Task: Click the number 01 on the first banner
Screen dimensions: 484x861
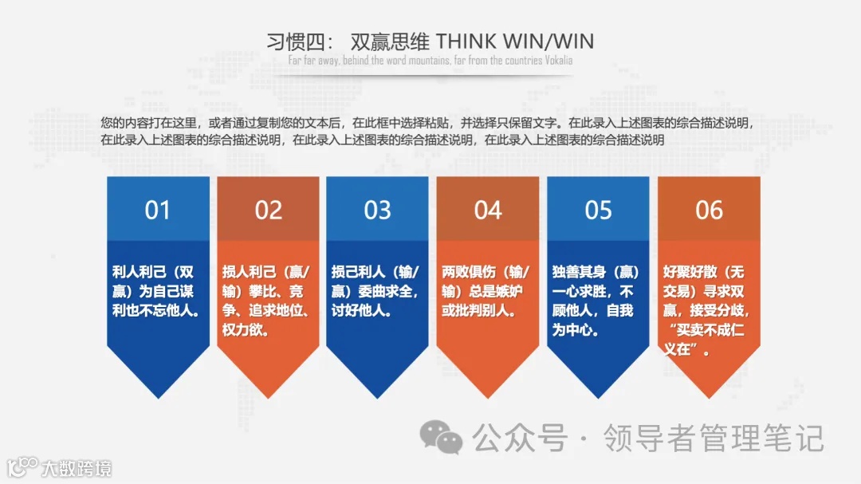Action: pyautogui.click(x=157, y=211)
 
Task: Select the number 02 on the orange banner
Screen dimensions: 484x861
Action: pyautogui.click(x=269, y=211)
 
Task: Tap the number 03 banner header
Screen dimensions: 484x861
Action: pyautogui.click(x=378, y=211)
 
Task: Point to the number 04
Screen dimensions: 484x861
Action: pyautogui.click(x=488, y=211)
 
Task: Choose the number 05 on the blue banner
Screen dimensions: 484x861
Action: pyautogui.click(x=598, y=211)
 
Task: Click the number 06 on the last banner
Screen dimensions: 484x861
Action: pyautogui.click(x=709, y=211)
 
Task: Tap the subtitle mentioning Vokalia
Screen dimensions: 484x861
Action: pyautogui.click(x=431, y=61)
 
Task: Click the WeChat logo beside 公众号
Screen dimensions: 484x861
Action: pyautogui.click(x=441, y=438)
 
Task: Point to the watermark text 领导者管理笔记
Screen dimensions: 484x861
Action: pyautogui.click(x=713, y=438)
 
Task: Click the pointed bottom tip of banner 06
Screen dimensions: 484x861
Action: pyautogui.click(x=709, y=396)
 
